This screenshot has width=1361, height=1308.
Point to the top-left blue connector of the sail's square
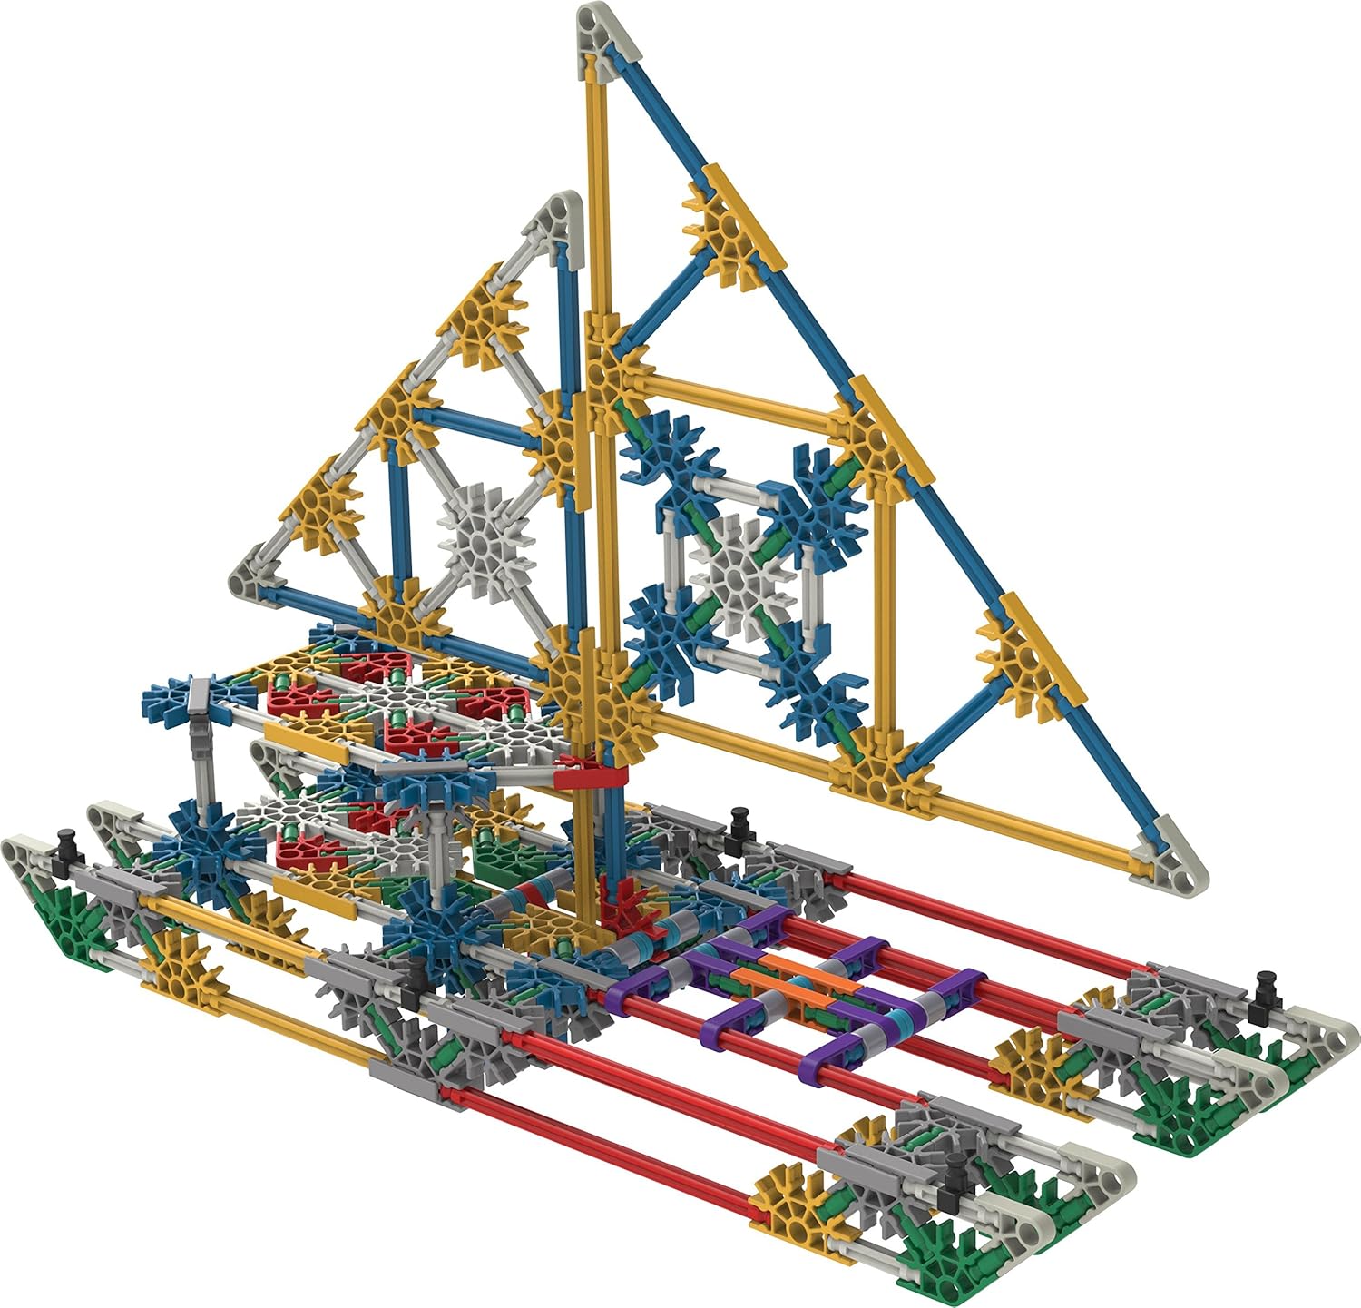pyautogui.click(x=671, y=454)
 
